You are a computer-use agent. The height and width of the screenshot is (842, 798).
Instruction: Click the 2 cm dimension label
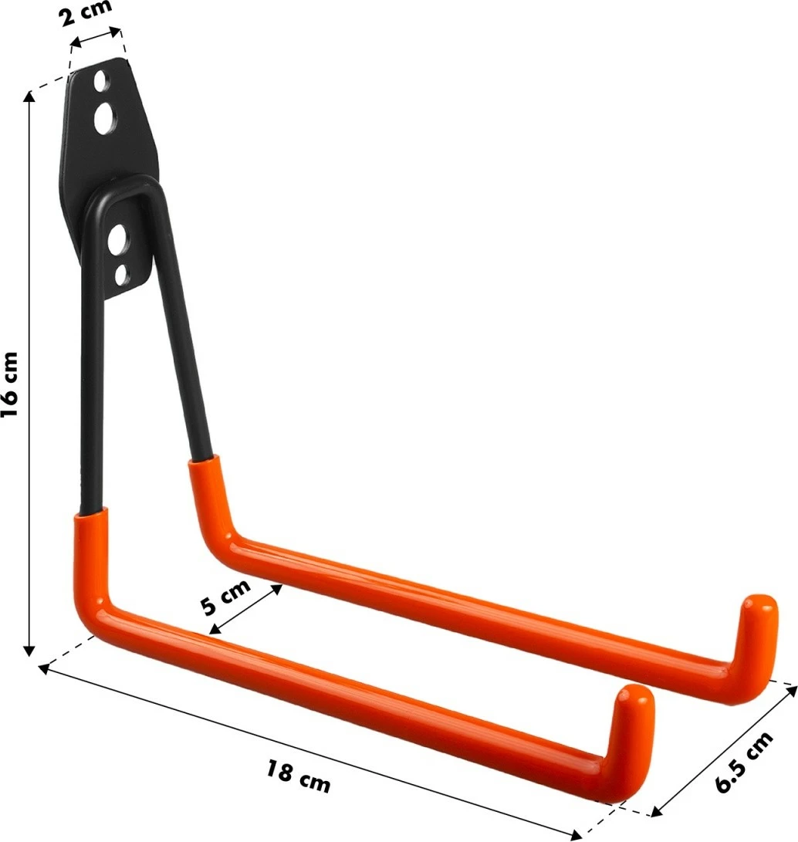pyautogui.click(x=86, y=12)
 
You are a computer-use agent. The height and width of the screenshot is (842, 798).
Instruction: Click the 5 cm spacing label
pyautogui.click(x=225, y=596)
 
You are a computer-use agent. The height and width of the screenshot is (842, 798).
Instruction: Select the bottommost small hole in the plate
pyautogui.click(x=121, y=272)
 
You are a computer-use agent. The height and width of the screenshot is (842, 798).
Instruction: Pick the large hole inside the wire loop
pyautogui.click(x=119, y=240)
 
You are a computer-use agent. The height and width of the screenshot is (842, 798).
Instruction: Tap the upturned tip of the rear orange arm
pyautogui.click(x=759, y=610)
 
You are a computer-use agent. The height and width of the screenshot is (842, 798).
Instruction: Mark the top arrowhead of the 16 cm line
pyautogui.click(x=30, y=96)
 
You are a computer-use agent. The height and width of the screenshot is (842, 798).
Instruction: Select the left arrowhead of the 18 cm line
pyautogui.click(x=45, y=668)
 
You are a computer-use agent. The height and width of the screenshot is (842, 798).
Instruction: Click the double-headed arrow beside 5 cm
pyautogui.click(x=245, y=610)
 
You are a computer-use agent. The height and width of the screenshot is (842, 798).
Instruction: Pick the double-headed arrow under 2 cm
pyautogui.click(x=96, y=37)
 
